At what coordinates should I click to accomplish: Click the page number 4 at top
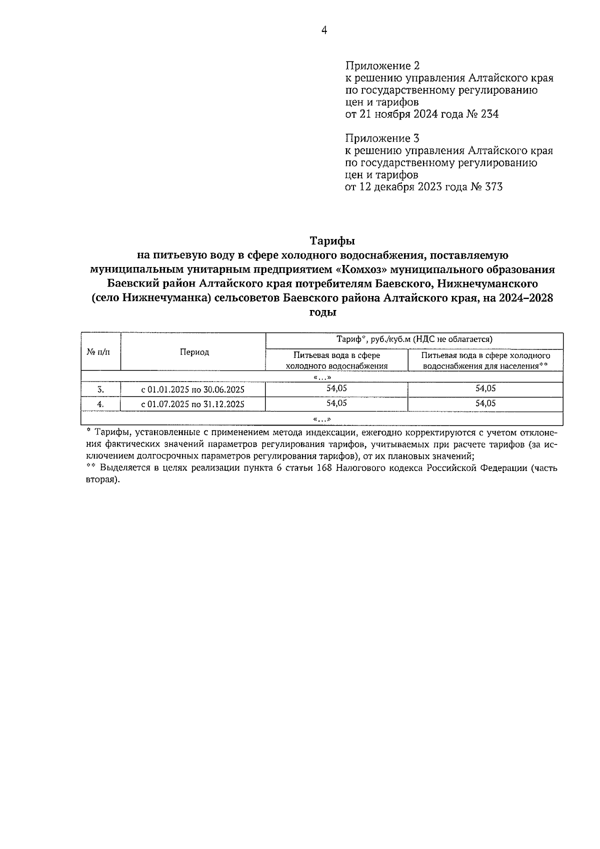[324, 30]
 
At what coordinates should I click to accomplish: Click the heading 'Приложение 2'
[382, 66]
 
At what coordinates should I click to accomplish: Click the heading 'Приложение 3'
[382, 138]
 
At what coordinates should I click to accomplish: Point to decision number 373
[493, 187]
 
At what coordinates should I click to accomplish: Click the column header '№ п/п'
[99, 352]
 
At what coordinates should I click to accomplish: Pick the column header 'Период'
[194, 352]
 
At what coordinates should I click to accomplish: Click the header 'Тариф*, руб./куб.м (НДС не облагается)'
[414, 339]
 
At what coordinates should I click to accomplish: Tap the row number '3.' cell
[100, 389]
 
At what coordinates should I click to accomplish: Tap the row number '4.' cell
[100, 404]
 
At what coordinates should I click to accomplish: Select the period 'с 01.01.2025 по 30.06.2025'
[193, 389]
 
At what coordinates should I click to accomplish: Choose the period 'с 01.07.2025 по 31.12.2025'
[193, 404]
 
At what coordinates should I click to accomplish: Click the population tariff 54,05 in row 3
[485, 388]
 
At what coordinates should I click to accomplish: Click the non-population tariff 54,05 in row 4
[336, 403]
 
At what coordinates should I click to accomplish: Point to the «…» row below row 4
[322, 419]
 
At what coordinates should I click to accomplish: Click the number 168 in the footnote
[325, 468]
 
